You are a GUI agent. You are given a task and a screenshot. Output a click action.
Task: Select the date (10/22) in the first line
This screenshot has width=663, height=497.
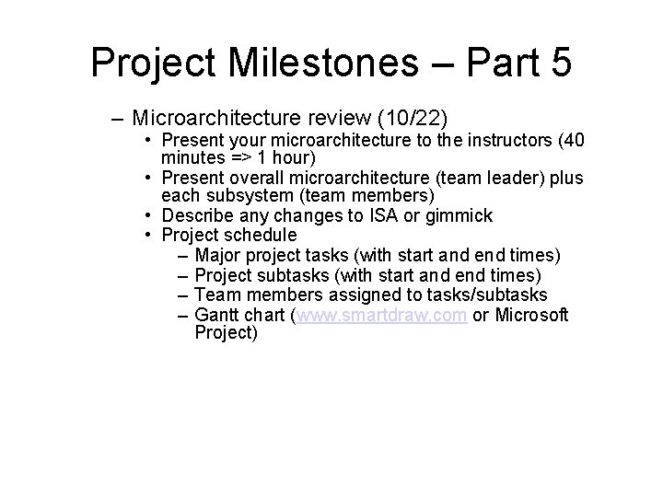click(x=420, y=119)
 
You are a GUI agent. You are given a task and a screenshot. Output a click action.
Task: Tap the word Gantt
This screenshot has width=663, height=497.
click(x=217, y=316)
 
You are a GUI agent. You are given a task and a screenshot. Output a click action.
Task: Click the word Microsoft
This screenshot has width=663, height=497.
click(x=531, y=316)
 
